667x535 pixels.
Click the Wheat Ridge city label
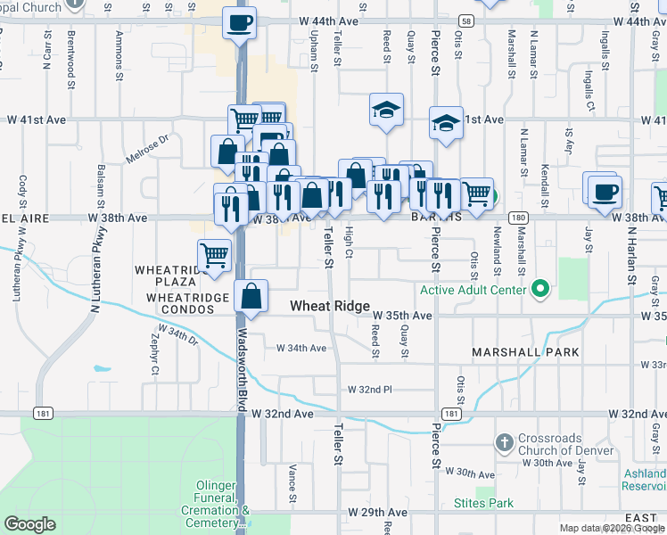click(330, 306)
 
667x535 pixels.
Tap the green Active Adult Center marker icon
click(539, 289)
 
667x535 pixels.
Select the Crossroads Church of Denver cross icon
click(504, 442)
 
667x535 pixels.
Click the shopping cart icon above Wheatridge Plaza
click(214, 255)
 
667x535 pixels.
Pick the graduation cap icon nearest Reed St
click(386, 111)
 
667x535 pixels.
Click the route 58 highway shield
click(465, 20)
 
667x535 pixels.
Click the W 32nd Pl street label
click(370, 390)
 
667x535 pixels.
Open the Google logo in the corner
click(29, 524)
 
